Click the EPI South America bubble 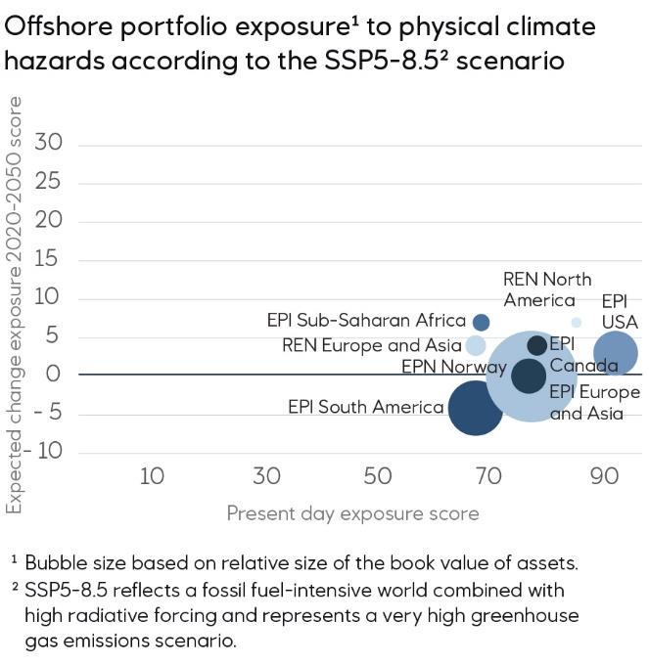pos(475,407)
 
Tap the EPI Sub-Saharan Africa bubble pos(481,322)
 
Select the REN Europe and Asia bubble pos(476,345)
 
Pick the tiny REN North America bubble pos(577,322)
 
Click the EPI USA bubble pos(616,353)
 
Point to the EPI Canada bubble pos(536,345)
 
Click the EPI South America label pos(365,407)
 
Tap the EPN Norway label pos(454,368)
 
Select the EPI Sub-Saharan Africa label pos(366,321)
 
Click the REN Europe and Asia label pos(371,345)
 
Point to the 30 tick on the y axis pos(48,144)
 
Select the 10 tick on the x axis pos(152,476)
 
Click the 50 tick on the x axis pos(378,476)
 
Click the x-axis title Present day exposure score pos(352,513)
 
